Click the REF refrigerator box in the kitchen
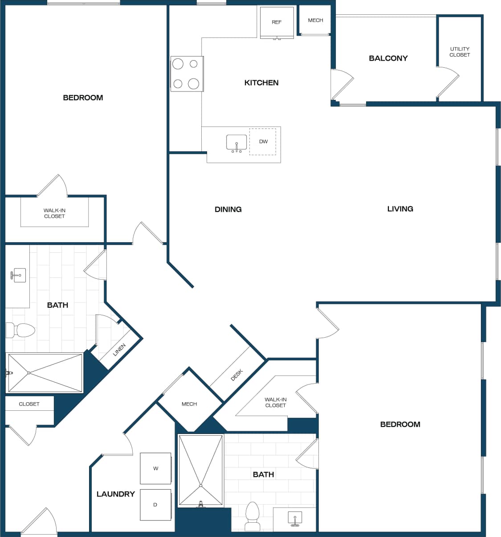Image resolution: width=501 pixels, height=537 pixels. point(277,22)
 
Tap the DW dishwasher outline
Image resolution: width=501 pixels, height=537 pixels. point(263,141)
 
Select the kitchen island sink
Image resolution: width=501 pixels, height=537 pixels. point(236,143)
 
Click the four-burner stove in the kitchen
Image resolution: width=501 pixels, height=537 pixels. point(187,74)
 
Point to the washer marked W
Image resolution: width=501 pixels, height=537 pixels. point(155,468)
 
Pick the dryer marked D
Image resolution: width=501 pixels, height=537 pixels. point(155,504)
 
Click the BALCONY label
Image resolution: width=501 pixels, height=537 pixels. point(388,58)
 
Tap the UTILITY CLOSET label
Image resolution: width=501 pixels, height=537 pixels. point(460,52)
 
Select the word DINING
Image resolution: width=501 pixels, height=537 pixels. point(228,209)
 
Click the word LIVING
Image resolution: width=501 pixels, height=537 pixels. point(400,208)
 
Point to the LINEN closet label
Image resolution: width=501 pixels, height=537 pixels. point(119,350)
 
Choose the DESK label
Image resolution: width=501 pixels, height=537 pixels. point(236,375)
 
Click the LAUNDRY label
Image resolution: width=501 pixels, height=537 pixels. point(115,494)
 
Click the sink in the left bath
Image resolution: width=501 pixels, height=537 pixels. point(18,276)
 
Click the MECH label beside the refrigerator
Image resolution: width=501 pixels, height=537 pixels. point(315,20)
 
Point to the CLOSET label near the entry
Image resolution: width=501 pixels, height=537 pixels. point(29,404)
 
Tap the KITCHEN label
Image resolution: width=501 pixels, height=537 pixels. point(261,83)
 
